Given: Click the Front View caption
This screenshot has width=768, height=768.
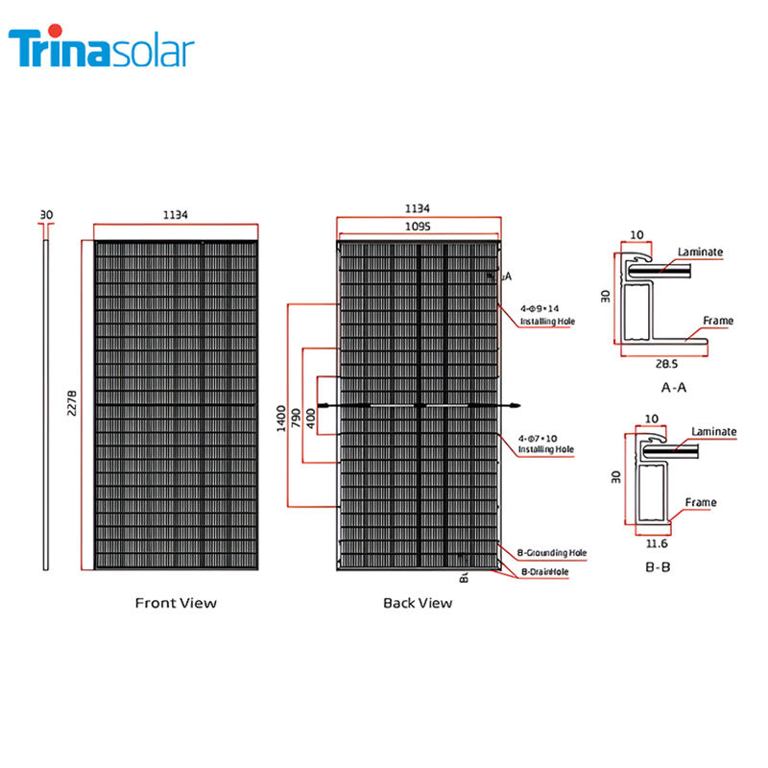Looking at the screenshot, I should (176, 603).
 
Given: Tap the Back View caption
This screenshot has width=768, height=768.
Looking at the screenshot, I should (418, 603).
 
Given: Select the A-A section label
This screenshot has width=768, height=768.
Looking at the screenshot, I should (674, 388).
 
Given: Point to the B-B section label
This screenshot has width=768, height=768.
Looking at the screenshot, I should (659, 567).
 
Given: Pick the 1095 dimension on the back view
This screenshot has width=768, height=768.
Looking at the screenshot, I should (418, 227).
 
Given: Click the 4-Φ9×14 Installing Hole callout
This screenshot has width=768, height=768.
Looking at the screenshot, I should (545, 315).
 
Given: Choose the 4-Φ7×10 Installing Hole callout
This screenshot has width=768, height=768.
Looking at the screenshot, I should (545, 443).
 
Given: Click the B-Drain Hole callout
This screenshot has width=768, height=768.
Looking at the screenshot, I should (544, 572).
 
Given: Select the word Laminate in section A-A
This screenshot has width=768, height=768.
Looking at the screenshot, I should (700, 252).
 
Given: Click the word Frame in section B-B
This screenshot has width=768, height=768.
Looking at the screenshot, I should (700, 502).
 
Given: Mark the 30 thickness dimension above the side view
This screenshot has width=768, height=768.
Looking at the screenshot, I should (45, 214).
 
